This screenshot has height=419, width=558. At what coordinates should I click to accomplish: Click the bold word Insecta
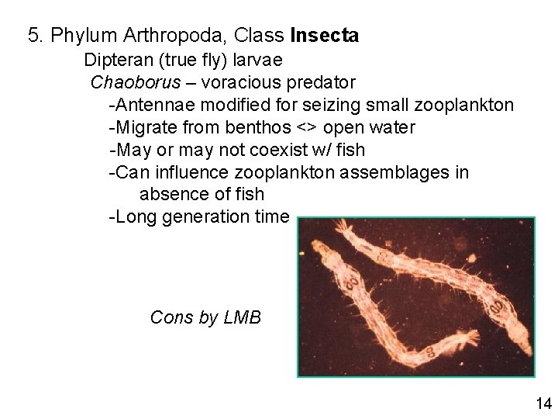pyautogui.click(x=324, y=35)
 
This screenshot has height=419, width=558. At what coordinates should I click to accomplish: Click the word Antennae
pyautogui.click(x=150, y=104)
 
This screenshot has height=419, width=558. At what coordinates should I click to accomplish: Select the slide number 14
pyautogui.click(x=542, y=403)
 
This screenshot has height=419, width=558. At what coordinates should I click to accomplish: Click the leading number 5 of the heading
pyautogui.click(x=33, y=35)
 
